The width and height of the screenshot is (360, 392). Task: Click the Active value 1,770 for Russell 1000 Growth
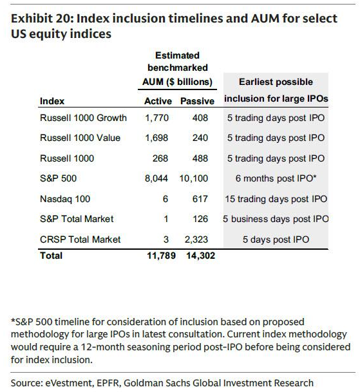point(157,118)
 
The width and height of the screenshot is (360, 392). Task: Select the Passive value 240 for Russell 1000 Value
point(200,138)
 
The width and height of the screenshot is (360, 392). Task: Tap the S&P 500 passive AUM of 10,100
point(194,178)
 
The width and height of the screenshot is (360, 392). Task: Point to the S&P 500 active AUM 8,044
point(156,178)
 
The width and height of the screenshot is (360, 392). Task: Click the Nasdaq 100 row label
point(65,199)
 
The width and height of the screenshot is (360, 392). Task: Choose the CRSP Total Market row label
point(81,239)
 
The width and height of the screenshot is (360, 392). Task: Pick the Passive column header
point(197,101)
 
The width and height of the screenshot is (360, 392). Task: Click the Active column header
point(158,101)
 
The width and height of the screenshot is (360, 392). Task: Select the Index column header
point(52,101)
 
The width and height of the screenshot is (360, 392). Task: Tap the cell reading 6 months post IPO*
point(276,178)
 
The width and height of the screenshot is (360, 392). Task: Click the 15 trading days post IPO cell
point(276,199)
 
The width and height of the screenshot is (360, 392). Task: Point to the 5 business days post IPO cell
point(276,219)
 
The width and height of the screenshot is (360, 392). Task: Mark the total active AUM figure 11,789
point(162,256)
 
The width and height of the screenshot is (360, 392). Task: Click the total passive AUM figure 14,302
point(201,256)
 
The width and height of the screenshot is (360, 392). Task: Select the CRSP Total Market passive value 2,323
point(196,239)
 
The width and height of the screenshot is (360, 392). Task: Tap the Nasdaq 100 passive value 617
point(200,199)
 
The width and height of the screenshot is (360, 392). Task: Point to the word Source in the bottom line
point(26,383)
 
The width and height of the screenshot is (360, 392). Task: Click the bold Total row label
point(52,256)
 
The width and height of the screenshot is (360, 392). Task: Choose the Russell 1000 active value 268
point(160,158)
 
